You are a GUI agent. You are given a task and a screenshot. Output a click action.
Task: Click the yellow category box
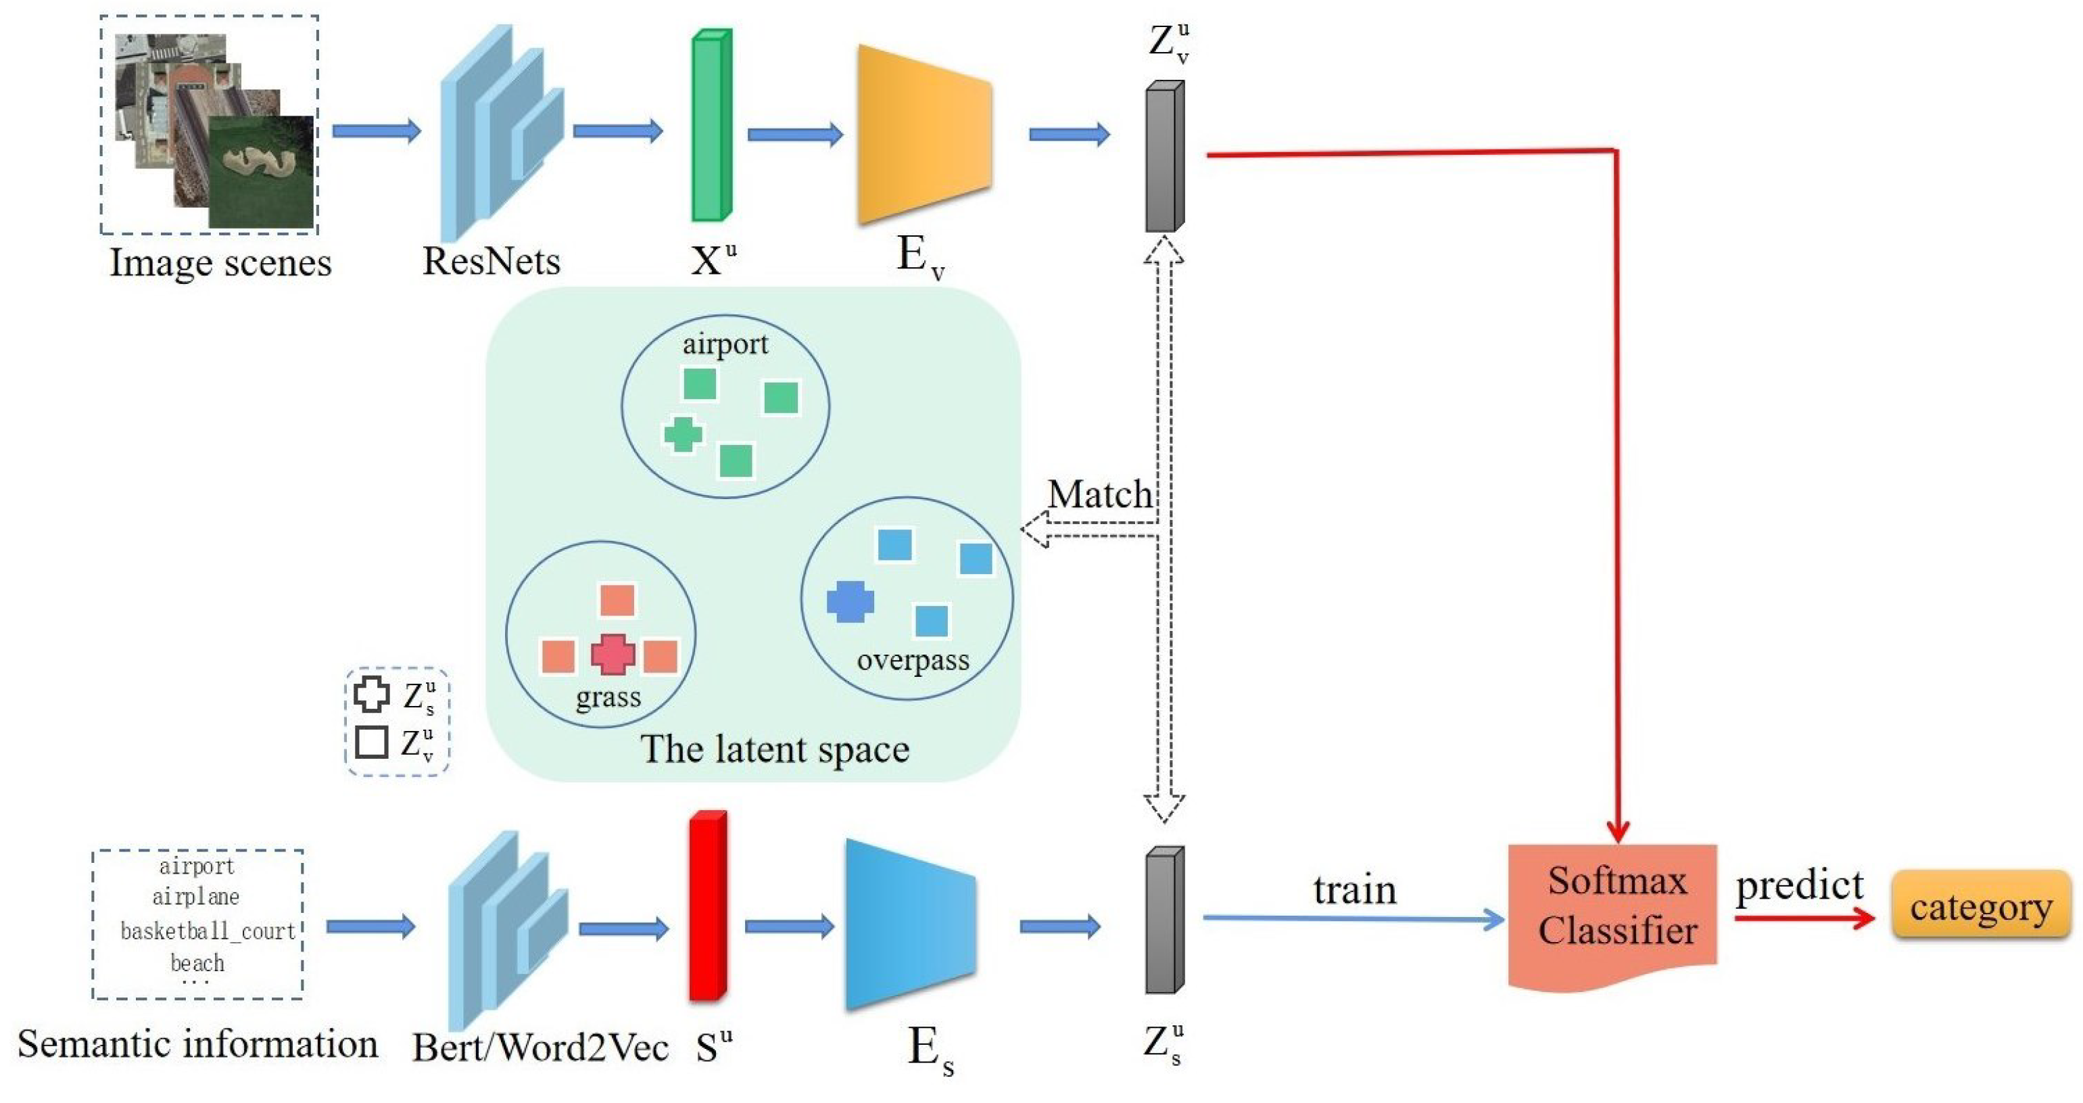[x=1980, y=906]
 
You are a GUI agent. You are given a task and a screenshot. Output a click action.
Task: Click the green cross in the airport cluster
[x=682, y=434]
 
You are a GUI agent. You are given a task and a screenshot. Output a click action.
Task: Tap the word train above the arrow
[x=1354, y=889]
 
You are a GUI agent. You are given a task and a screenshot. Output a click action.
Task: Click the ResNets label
[x=491, y=261]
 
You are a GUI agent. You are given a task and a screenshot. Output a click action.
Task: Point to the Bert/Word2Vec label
[x=540, y=1047]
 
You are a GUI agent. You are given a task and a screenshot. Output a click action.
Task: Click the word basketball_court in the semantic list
[x=207, y=931]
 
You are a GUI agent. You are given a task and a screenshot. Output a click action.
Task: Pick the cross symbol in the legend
[x=371, y=694]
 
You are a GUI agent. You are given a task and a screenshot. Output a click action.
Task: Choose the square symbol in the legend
[x=371, y=742]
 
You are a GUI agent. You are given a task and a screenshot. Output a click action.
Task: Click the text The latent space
[x=774, y=748]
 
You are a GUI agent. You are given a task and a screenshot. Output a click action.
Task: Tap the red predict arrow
[x=1803, y=918]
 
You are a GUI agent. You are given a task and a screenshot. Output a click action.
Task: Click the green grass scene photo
[x=260, y=171]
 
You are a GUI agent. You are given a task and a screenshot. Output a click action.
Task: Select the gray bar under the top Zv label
[x=1164, y=158]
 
